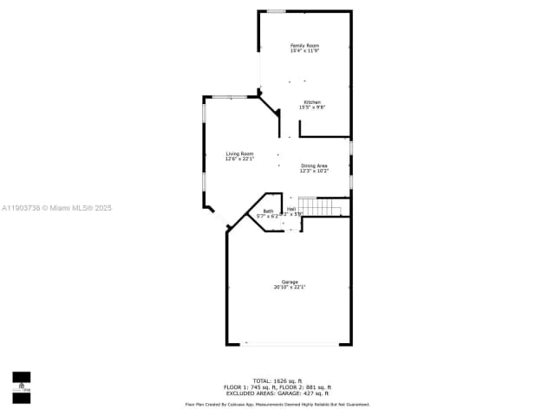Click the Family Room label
click(x=304, y=45)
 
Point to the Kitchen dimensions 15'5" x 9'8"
click(x=311, y=107)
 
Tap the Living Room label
click(x=239, y=154)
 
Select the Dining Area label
click(x=314, y=166)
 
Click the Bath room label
click(x=268, y=211)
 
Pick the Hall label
click(x=292, y=209)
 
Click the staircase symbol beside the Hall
click(x=328, y=207)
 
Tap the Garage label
click(x=290, y=282)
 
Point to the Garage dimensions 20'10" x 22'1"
click(x=290, y=287)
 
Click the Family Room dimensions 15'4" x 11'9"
click(x=304, y=50)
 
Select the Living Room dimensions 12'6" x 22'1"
click(x=239, y=159)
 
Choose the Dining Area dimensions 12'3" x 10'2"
click(x=314, y=171)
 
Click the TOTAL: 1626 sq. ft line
click(x=277, y=380)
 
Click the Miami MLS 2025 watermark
click(x=56, y=208)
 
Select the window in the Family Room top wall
click(x=276, y=11)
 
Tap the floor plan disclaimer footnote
click(x=277, y=404)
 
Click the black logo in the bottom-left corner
click(x=21, y=387)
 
